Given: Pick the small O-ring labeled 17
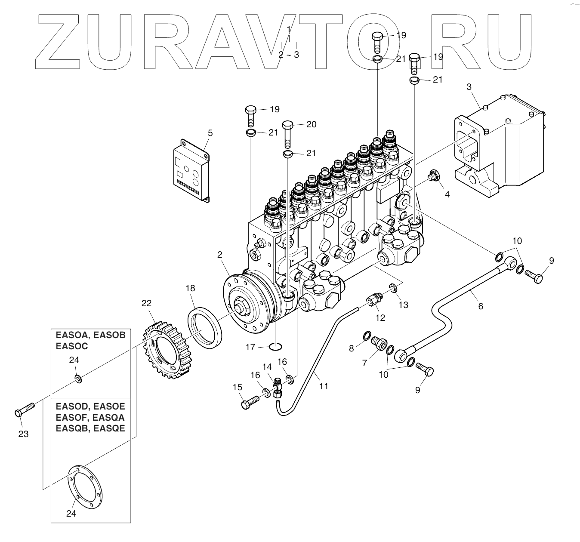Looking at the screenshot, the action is coord(275,346).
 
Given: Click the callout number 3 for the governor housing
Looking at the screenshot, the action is coord(469,87).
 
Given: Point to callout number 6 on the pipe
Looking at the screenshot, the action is coord(481,306).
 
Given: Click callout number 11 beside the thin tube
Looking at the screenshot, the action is coord(324,386).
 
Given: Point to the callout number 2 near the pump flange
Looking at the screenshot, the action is coord(220,255).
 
